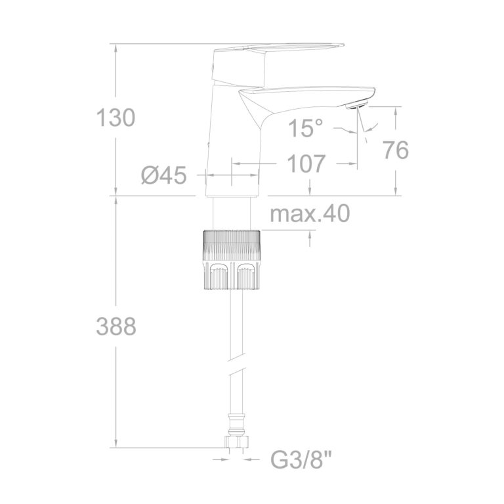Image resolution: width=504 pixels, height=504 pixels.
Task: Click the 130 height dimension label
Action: [x=115, y=117]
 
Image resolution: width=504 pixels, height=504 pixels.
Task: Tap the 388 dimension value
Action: [x=116, y=326]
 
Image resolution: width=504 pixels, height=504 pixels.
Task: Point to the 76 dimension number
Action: [x=396, y=150]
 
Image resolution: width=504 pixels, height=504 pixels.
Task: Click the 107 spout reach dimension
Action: [x=306, y=163]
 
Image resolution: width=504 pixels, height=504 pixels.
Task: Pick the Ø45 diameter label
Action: [x=164, y=175]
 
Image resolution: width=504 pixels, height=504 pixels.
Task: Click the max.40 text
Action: [x=310, y=213]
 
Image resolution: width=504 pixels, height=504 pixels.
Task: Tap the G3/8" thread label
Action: [x=301, y=459]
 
